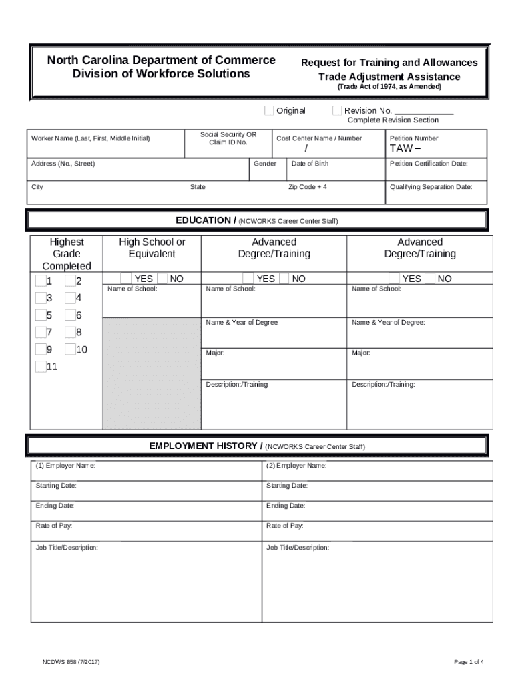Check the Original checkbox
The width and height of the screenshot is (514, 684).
[x=269, y=110]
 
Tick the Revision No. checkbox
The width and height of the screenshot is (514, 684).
[x=337, y=110]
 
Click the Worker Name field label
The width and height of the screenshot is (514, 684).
[x=91, y=138]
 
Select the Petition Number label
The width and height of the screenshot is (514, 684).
[x=414, y=138]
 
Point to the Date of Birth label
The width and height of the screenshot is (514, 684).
[x=310, y=164]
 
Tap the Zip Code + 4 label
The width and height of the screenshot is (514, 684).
[x=307, y=187]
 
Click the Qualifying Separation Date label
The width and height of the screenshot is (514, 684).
[x=431, y=187]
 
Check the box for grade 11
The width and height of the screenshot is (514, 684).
[x=41, y=366]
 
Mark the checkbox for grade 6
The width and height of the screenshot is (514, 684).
[x=70, y=315]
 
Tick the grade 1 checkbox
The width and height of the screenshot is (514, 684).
[x=41, y=281]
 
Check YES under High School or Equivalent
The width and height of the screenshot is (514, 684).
[x=126, y=278]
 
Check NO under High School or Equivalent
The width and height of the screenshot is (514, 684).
[x=162, y=278]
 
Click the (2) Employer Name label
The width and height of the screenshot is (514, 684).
[x=296, y=466]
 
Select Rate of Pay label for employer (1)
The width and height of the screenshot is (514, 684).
[x=54, y=526]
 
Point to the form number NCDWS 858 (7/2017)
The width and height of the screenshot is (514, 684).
[x=71, y=662]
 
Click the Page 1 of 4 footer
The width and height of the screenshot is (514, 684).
[x=469, y=662]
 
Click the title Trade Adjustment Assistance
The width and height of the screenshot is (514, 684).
[x=389, y=77]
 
